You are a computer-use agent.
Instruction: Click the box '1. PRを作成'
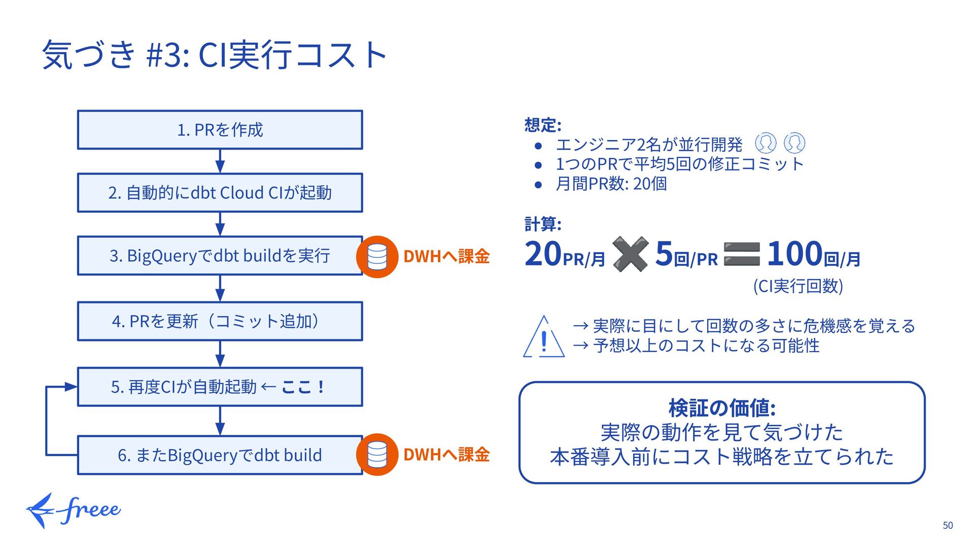[220, 130]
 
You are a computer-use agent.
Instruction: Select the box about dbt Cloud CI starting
[220, 193]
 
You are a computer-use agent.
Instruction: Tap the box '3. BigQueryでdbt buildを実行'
[220, 256]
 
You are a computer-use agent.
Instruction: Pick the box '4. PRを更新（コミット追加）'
[220, 321]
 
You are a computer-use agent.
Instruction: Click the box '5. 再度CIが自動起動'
[220, 387]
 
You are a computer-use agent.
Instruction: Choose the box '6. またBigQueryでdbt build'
[220, 455]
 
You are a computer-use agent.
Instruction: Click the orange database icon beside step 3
[377, 257]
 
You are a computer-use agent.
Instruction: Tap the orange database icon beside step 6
[377, 455]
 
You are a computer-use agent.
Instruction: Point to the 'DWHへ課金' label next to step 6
[446, 455]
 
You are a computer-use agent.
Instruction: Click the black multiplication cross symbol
[630, 254]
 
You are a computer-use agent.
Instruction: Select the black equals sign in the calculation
[742, 254]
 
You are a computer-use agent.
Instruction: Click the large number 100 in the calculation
[794, 254]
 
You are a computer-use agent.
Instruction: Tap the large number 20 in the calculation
[543, 254]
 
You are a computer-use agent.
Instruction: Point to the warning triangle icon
[544, 337]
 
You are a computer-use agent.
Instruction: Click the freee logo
[74, 510]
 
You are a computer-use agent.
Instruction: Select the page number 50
[948, 526]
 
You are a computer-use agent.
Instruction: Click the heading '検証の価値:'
[722, 408]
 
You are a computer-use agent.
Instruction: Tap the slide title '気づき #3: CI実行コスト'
[215, 55]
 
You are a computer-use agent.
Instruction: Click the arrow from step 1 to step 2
[220, 161]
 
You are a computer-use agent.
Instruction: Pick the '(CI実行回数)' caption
[798, 286]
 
